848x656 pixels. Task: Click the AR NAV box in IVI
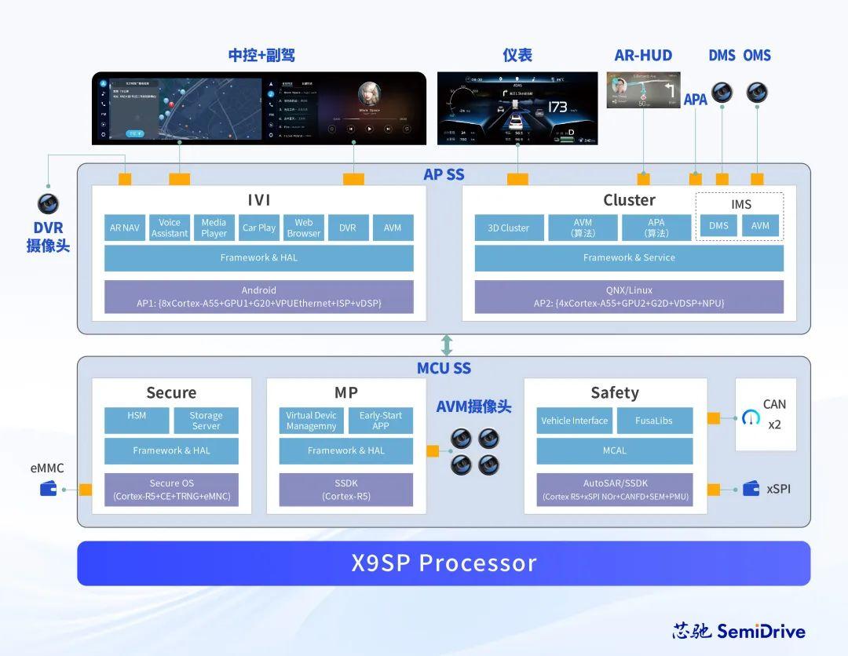click(124, 228)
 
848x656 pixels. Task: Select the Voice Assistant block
click(170, 228)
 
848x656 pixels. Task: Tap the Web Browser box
click(304, 228)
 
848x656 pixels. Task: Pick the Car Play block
click(258, 228)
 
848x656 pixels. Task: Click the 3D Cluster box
click(508, 228)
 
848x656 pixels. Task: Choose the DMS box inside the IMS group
click(718, 226)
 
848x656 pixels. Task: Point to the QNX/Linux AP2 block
click(629, 297)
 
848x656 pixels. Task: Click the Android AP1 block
click(258, 297)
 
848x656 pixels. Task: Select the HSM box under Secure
click(137, 421)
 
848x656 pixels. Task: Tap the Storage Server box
click(206, 421)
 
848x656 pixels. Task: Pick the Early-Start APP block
click(381, 421)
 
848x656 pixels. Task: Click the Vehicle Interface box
click(574, 421)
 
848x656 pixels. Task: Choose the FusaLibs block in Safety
click(654, 421)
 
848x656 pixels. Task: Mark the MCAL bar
click(615, 451)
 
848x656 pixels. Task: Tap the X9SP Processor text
click(444, 563)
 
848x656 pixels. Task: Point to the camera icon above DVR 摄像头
click(48, 204)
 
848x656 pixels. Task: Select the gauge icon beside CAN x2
click(751, 417)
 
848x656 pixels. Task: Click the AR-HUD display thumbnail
click(642, 90)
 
